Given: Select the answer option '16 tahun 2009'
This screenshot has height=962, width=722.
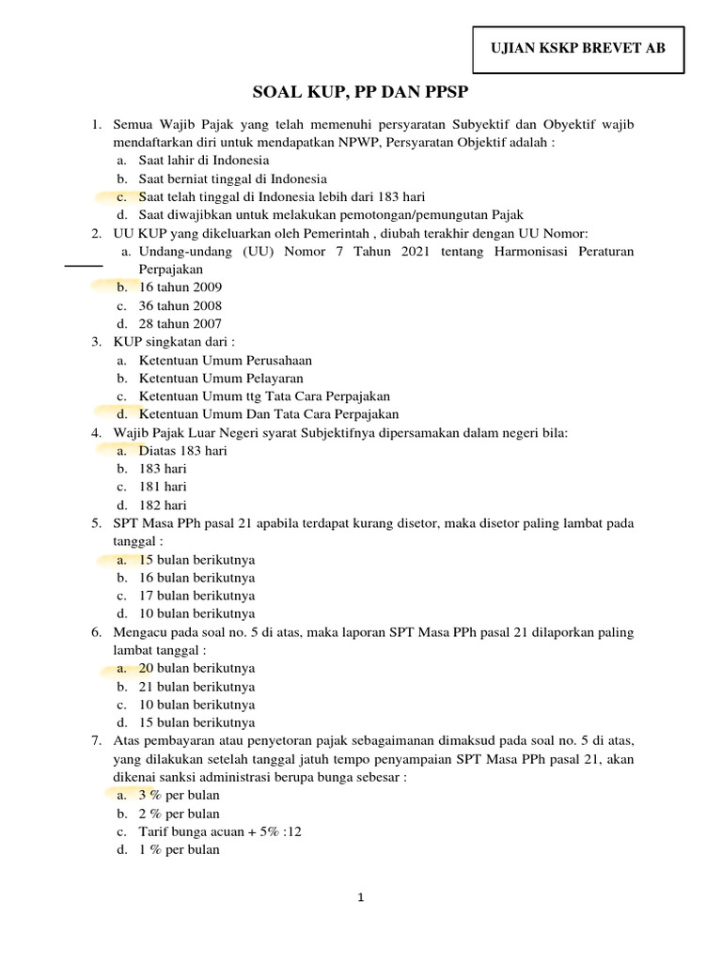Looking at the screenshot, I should pos(180,287).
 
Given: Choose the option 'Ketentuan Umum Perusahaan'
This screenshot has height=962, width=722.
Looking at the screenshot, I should pos(225,360).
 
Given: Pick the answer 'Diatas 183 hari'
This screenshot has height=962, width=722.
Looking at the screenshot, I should pos(182,450).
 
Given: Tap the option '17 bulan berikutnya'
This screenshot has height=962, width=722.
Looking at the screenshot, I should pos(196,596).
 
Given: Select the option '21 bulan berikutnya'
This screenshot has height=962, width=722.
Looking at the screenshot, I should pos(196,687).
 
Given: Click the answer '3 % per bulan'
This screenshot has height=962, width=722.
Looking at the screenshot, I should pos(179,795).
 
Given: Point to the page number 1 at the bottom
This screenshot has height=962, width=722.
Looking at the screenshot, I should pos(361,897).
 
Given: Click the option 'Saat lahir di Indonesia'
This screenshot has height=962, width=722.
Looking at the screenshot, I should pos(203,160).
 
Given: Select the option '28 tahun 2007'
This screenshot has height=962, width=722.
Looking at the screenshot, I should pos(180,324).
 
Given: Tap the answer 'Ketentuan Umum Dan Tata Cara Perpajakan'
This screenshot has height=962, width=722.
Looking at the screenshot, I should pos(269,414).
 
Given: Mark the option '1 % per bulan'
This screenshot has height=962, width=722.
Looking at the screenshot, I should pos(179,849).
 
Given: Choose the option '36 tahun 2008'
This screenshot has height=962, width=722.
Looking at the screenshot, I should pos(180,305).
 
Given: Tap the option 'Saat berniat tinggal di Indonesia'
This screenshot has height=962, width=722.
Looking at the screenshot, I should pos(232,178).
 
